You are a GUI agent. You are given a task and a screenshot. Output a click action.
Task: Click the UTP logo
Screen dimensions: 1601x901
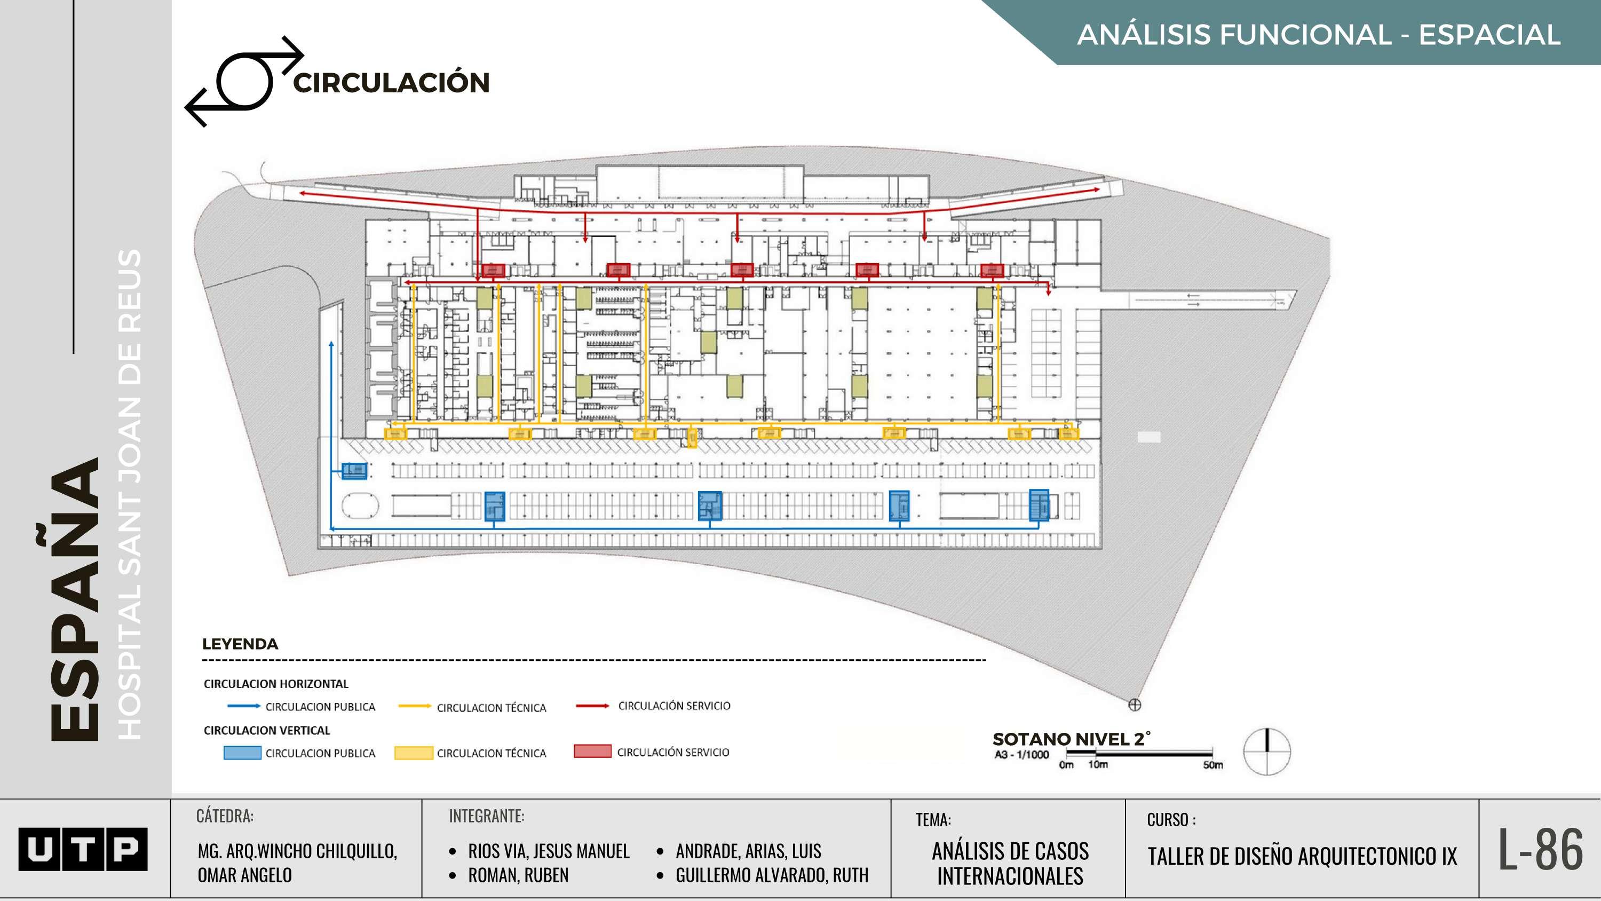pos(83,849)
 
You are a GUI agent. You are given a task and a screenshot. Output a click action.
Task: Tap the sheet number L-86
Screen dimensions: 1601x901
pos(1540,849)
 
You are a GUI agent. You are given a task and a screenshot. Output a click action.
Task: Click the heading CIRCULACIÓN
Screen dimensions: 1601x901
pos(392,83)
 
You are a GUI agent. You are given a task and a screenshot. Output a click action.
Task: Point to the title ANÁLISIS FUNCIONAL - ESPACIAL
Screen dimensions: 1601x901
pos(1318,34)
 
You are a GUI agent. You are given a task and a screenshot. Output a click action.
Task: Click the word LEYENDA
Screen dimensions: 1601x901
pos(240,644)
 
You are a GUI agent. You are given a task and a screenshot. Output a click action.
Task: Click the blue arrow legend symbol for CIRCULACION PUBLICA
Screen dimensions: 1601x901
pos(244,706)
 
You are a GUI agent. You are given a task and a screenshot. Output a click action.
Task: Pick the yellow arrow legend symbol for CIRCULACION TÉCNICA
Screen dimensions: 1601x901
pos(415,706)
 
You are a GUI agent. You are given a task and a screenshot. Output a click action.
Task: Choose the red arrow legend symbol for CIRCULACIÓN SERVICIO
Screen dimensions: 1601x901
pos(592,706)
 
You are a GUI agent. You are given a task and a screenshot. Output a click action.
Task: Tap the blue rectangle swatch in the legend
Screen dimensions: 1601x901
pos(242,753)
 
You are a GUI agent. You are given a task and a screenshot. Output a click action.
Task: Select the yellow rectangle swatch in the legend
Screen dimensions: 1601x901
pos(413,753)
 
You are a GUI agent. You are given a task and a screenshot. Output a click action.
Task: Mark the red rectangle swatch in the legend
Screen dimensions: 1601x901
pos(592,751)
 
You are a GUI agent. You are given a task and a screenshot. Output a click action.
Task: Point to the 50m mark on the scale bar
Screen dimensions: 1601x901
pos(1212,764)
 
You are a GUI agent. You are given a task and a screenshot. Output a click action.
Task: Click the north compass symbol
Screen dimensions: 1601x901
pos(1266,752)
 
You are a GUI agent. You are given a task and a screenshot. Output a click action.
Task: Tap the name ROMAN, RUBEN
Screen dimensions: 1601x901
pos(518,875)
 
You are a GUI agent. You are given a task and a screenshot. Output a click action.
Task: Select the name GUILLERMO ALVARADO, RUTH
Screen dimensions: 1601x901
pos(771,875)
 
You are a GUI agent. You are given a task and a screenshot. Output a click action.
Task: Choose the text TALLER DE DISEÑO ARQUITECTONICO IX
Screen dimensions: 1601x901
pos(1302,856)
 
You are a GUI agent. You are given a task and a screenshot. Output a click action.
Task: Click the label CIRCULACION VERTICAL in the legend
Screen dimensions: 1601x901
pos(267,730)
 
